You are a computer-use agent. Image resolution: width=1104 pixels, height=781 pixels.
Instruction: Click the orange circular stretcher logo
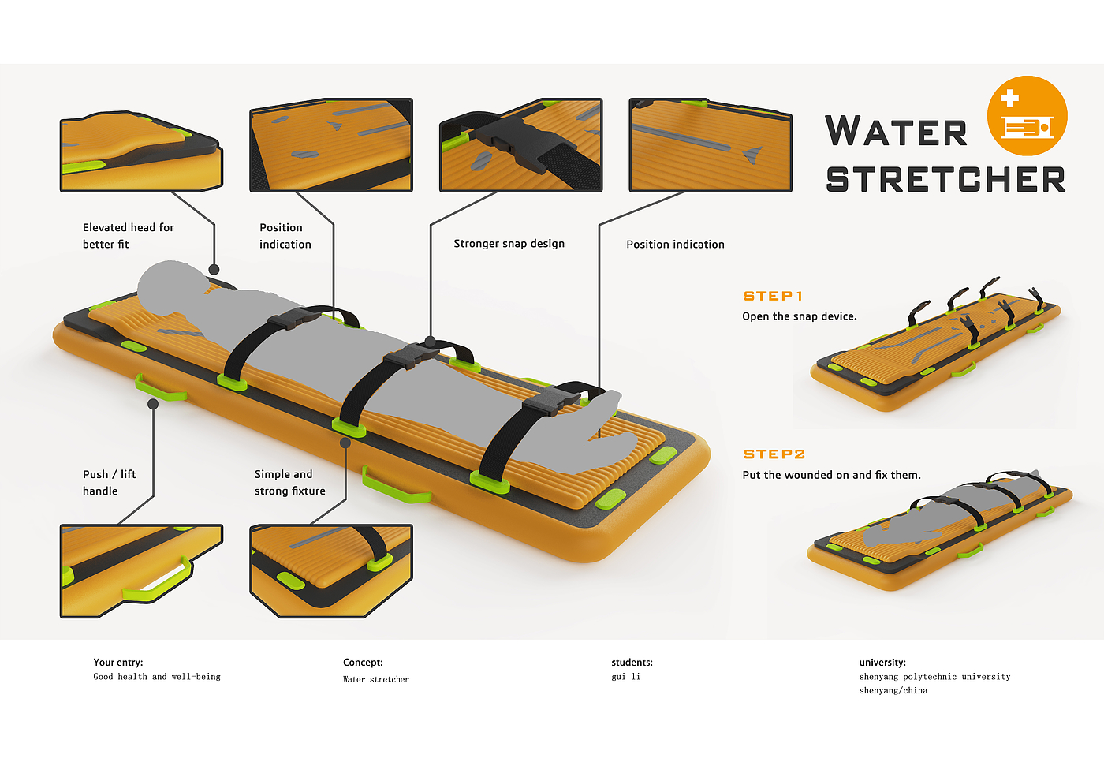[x=1027, y=116]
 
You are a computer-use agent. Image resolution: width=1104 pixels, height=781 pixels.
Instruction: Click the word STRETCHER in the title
[x=945, y=180]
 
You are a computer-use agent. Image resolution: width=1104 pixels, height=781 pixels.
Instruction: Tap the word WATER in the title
[x=896, y=132]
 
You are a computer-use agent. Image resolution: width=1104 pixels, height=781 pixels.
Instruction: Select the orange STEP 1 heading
[x=773, y=296]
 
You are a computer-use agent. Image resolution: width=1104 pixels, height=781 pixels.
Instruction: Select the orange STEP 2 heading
[x=774, y=454]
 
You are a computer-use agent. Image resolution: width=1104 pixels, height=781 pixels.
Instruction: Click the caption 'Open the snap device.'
[x=799, y=316]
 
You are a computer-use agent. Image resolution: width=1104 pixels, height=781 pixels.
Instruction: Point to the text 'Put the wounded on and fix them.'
[x=831, y=475]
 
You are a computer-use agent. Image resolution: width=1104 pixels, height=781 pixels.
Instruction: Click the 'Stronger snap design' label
[x=509, y=244]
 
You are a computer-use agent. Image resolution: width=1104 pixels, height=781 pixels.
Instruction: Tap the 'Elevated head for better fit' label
[x=128, y=236]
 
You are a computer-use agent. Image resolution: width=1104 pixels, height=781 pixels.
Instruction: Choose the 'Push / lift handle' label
[x=109, y=482]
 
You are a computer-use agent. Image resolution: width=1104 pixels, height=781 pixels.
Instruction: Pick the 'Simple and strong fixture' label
[x=289, y=482]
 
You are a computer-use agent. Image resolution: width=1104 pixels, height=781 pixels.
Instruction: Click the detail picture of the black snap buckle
[x=520, y=145]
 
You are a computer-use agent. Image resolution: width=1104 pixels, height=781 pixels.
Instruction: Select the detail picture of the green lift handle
[x=141, y=570]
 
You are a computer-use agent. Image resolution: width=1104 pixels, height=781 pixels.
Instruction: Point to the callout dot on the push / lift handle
[x=153, y=404]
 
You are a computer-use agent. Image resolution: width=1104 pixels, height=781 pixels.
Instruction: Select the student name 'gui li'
[x=625, y=677]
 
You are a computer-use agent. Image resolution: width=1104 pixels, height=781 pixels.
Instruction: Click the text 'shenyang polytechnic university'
[x=934, y=677]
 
